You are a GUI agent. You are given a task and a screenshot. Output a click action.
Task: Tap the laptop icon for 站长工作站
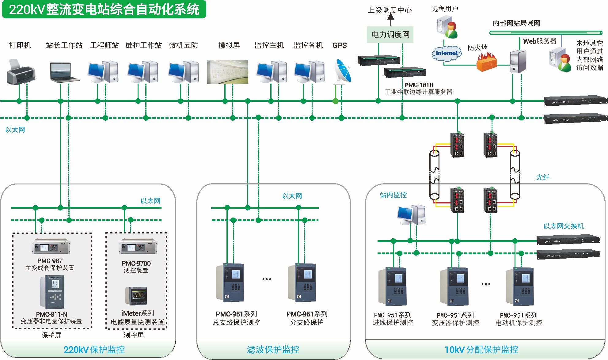click(x=65, y=72)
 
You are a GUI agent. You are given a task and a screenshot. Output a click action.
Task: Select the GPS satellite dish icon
click(x=343, y=71)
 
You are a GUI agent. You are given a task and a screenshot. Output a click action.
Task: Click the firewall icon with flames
click(x=486, y=62)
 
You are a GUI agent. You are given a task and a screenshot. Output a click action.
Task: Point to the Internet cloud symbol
click(x=446, y=53)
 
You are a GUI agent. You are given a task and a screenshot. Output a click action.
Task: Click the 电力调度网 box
click(x=390, y=35)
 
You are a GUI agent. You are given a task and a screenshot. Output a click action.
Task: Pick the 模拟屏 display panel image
click(x=227, y=72)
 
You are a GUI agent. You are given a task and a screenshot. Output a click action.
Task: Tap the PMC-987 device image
click(x=51, y=246)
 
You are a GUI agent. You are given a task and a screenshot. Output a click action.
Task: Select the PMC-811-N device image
click(x=52, y=292)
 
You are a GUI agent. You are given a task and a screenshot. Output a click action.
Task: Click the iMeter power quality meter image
click(x=136, y=296)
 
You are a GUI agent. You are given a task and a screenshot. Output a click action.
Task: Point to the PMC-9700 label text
click(x=136, y=263)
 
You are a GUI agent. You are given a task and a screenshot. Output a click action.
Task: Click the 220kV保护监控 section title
click(x=94, y=350)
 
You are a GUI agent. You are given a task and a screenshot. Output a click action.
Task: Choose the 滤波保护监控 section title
click(x=273, y=350)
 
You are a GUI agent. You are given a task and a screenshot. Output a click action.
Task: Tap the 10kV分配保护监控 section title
click(x=481, y=350)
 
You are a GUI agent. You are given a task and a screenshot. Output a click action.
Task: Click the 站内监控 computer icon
click(x=411, y=215)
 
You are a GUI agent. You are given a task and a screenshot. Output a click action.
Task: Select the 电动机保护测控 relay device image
click(x=519, y=286)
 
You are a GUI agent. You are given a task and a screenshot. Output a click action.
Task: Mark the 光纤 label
click(x=543, y=177)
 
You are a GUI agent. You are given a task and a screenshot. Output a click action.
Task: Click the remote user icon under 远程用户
click(x=447, y=28)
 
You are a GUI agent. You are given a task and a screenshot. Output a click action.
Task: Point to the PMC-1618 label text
click(x=419, y=85)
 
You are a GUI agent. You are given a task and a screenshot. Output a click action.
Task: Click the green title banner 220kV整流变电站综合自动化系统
click(x=104, y=9)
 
